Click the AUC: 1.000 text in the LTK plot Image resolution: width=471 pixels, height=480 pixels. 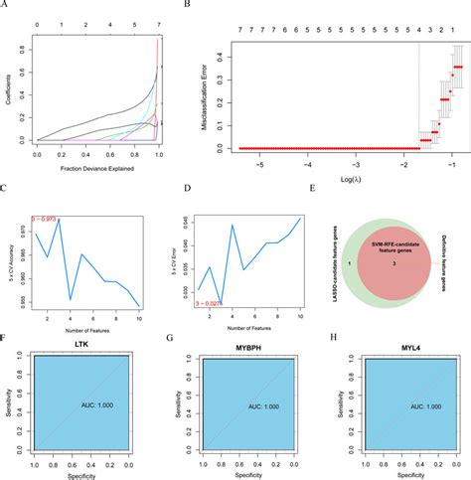tap(97, 406)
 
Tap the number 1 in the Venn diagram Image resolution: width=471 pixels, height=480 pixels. tap(354, 266)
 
